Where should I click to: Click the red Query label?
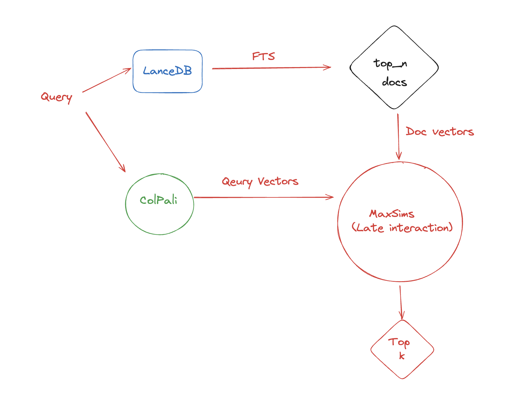[57, 97]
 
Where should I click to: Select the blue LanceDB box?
[167, 71]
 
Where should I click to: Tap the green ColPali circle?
[159, 204]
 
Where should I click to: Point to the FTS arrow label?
[263, 56]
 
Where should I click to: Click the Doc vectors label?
[440, 132]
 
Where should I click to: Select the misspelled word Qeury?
[237, 182]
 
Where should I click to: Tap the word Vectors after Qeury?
[278, 181]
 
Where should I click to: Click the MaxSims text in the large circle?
[392, 214]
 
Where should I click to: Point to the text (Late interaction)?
[402, 228]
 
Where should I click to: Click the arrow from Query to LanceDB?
[107, 80]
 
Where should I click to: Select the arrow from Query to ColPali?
[105, 142]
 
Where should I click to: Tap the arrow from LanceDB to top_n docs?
[271, 68]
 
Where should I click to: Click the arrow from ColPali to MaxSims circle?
[263, 197]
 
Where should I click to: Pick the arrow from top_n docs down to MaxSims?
[398, 136]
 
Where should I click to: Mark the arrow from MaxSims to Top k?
[401, 302]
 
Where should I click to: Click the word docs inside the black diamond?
[394, 82]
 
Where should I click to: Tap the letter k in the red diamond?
[401, 356]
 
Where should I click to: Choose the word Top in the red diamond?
[399, 342]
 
